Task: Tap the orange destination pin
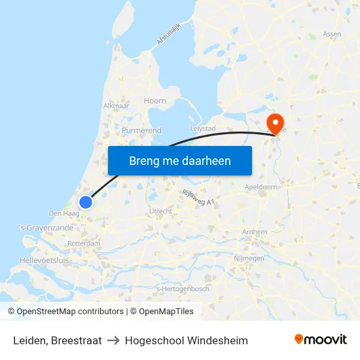coord(276,123)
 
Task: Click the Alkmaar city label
coord(117,105)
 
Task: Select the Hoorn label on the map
coord(155,101)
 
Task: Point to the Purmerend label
coord(141,130)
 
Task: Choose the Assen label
coord(332,33)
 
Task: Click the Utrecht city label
coord(161,211)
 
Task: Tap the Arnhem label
coord(254,232)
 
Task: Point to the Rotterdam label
coord(84,243)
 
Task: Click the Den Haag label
coord(64,213)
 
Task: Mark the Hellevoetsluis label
coord(45,260)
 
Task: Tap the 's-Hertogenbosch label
coord(182,289)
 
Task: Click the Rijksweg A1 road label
coord(198,198)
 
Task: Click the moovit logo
coord(320,340)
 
